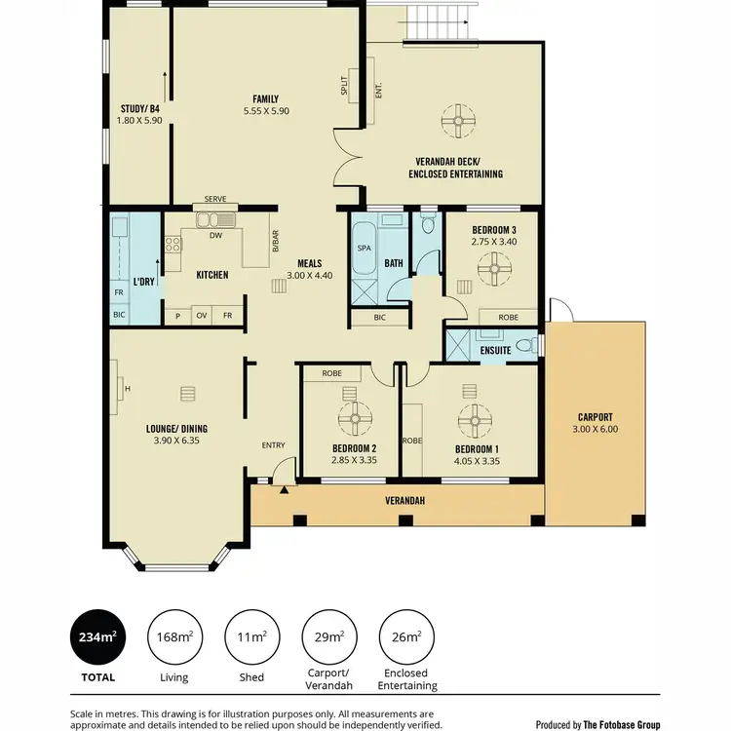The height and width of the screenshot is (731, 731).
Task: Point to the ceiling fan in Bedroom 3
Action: (498, 268)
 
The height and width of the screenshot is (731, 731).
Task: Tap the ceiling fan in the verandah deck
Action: (456, 122)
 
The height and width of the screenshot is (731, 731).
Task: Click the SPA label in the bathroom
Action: (365, 249)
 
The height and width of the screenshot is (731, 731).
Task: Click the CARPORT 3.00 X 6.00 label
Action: (595, 424)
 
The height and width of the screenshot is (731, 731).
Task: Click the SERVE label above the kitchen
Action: (215, 199)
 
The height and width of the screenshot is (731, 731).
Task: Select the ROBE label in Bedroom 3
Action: (508, 318)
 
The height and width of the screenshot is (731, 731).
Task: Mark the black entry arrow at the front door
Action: (284, 490)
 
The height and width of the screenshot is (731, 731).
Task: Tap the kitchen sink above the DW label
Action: (211, 217)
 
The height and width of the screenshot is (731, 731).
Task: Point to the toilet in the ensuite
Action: (524, 345)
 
